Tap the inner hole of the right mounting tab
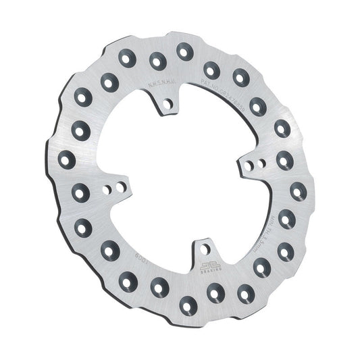click(x=249, y=164)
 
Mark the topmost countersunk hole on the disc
click(x=184, y=49)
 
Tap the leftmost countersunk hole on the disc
click(x=67, y=160)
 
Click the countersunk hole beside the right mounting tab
click(x=284, y=159)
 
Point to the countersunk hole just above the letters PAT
click(x=211, y=69)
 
